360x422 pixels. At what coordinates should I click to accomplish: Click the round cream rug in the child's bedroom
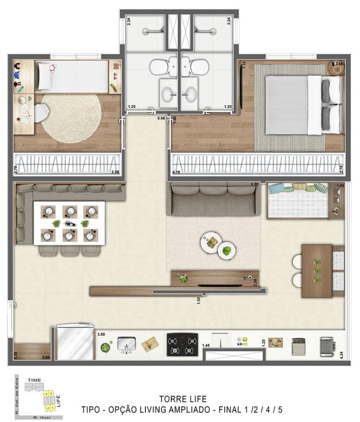(x=71, y=119)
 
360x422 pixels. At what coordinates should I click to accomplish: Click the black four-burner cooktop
(x=183, y=345)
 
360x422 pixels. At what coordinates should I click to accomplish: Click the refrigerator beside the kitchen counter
(x=75, y=343)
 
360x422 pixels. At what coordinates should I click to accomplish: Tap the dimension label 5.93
(x=255, y=185)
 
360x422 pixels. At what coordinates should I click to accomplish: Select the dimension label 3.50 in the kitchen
(x=101, y=335)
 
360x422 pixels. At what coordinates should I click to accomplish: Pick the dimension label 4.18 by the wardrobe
(x=177, y=173)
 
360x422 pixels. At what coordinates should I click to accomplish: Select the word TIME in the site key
(x=34, y=380)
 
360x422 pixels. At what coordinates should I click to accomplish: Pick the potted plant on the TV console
(x=183, y=278)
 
